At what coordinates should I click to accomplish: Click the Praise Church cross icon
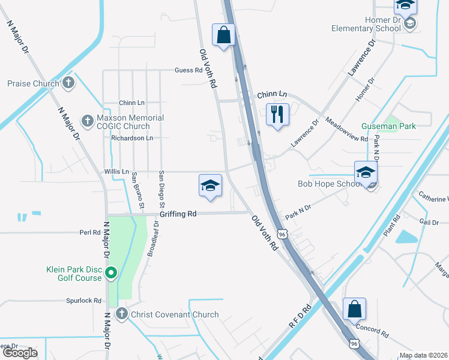coord(68,83)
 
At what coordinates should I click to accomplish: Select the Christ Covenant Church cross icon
coord(121,314)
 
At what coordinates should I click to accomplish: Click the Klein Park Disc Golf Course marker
coord(111,274)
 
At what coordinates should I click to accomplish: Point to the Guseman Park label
coord(388,126)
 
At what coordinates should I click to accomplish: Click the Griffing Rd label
coord(178,214)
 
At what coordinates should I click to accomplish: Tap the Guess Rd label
coord(188,70)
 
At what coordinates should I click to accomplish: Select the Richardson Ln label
coord(132,137)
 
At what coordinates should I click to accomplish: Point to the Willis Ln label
coord(116,172)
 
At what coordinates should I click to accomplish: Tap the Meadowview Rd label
coord(346,129)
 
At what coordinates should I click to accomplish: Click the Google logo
coord(20,353)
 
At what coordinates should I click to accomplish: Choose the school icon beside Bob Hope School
coord(366,172)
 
